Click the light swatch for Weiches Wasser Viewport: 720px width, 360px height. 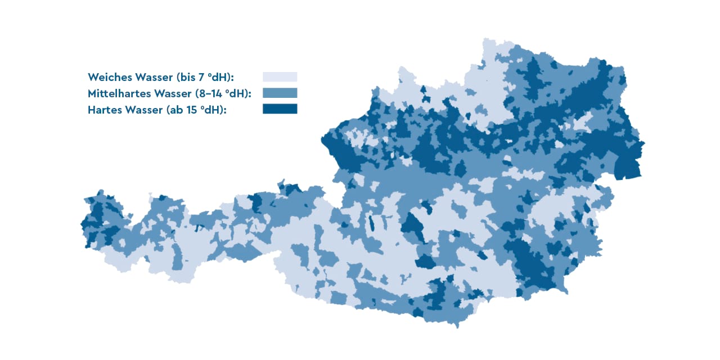click(x=280, y=76)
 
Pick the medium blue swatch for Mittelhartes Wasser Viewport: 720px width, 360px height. click(x=280, y=93)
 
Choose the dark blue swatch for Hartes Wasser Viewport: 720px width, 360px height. click(x=280, y=109)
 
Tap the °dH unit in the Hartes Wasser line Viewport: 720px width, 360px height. click(x=214, y=110)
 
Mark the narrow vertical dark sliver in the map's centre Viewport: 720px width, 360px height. click(x=371, y=224)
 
